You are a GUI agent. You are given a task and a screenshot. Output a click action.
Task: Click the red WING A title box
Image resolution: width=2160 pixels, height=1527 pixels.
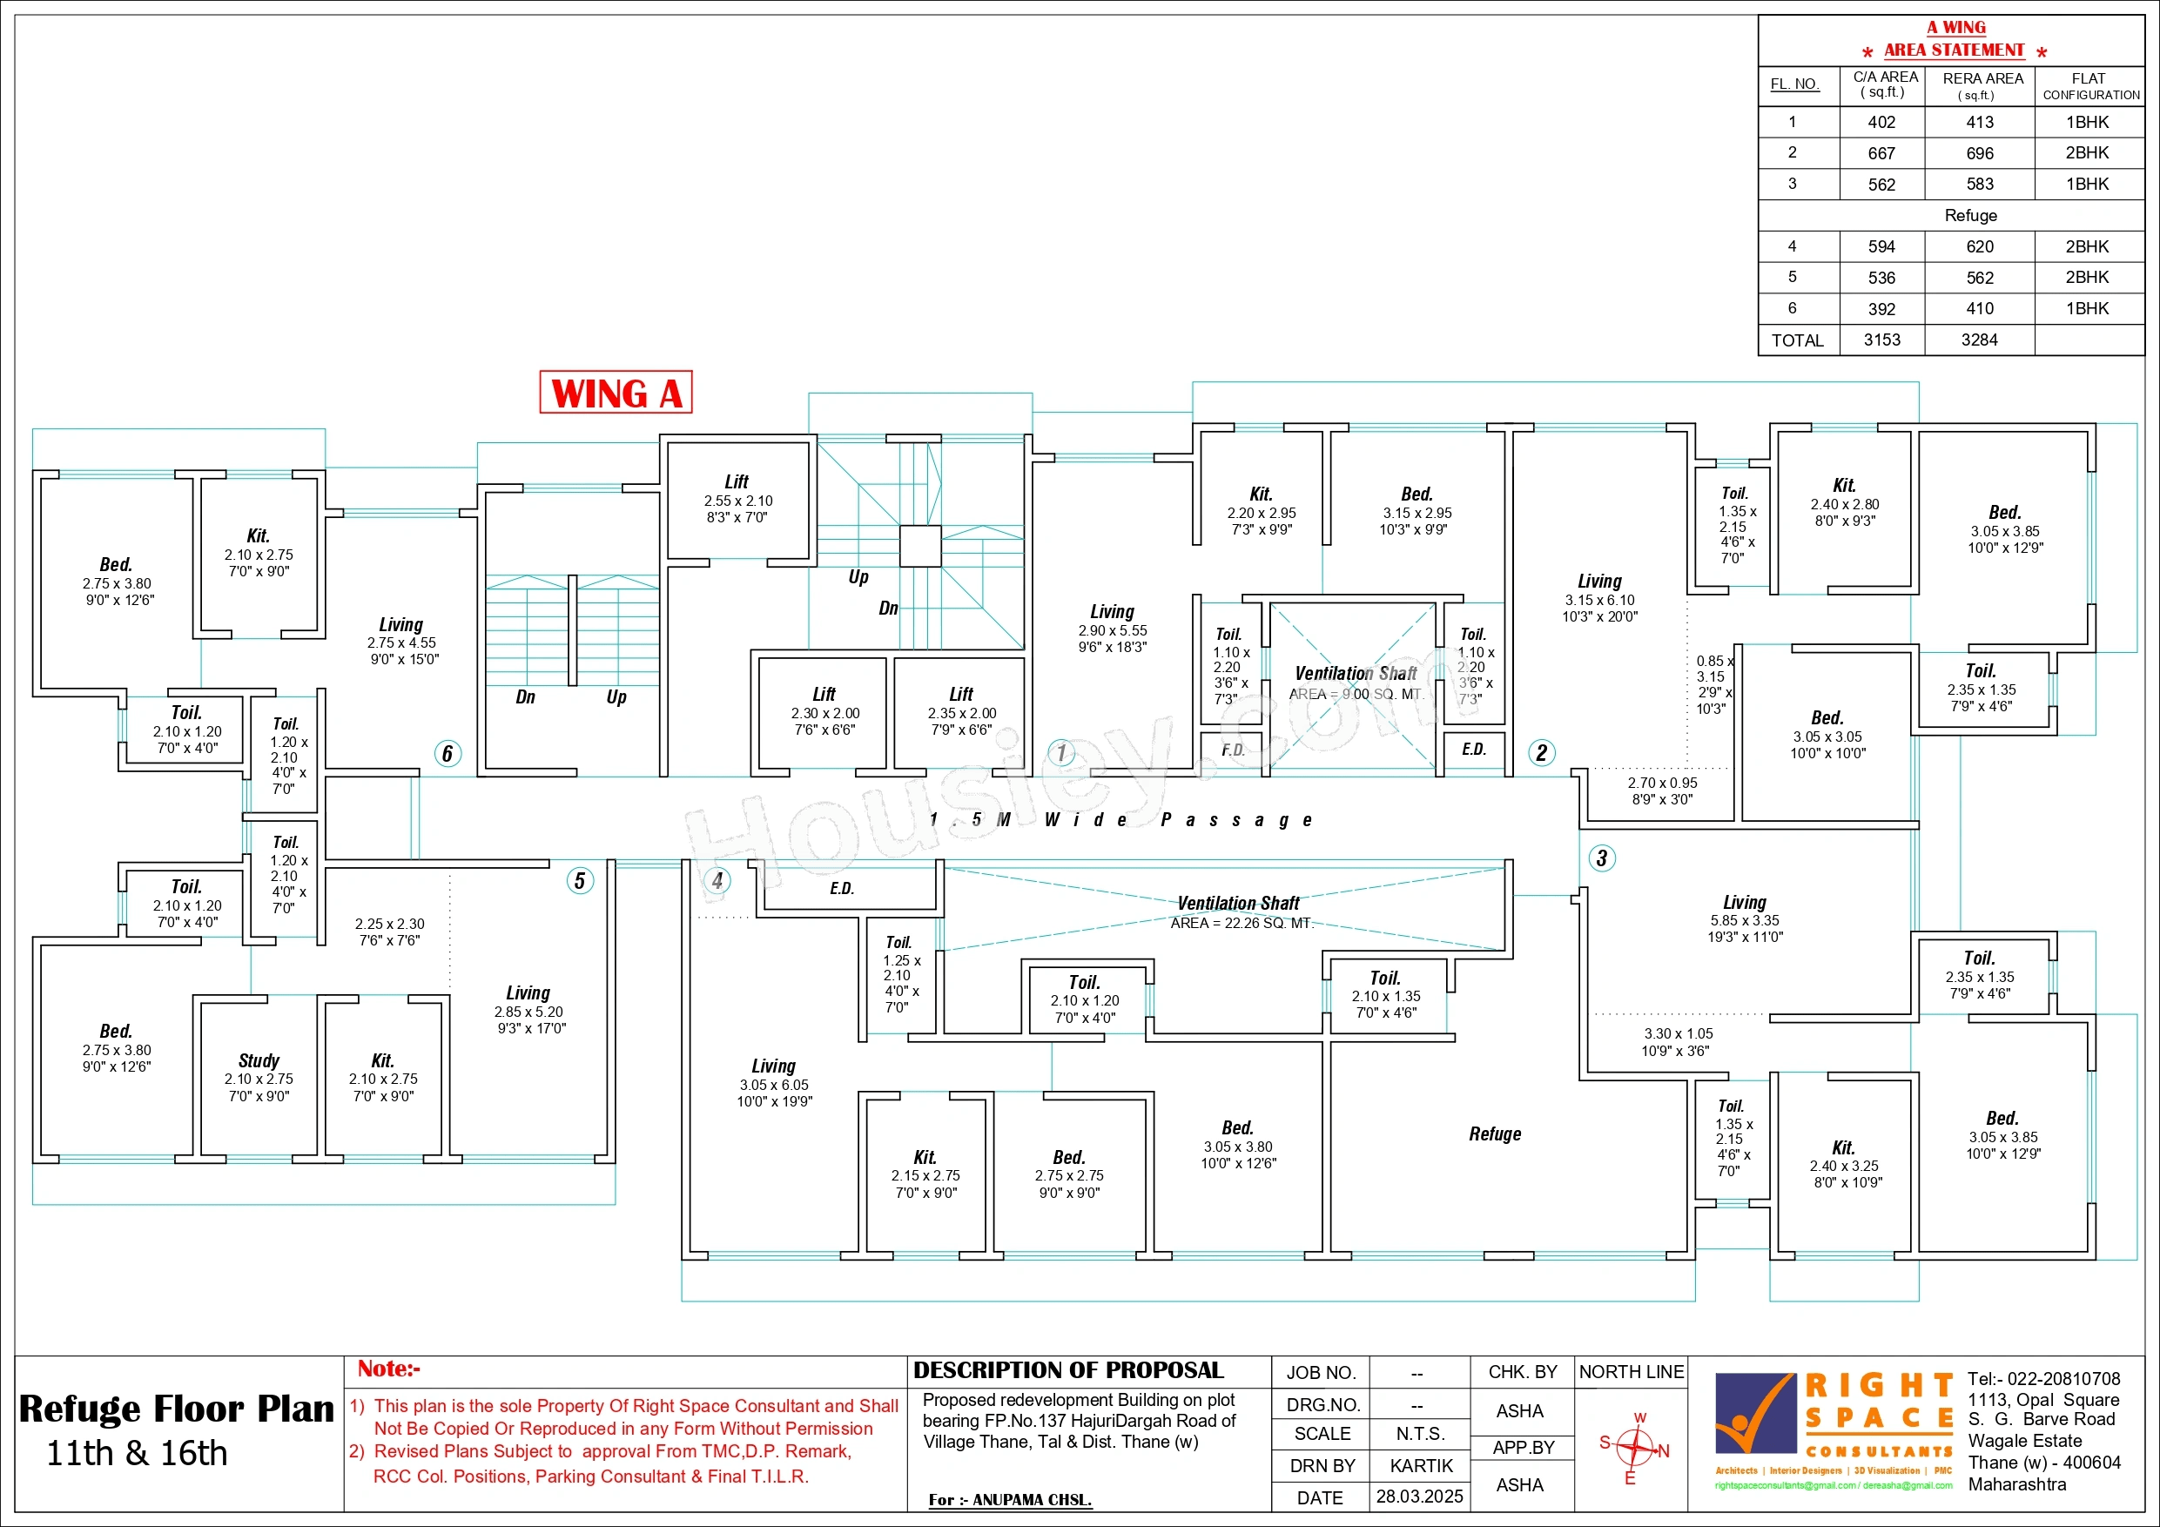pyautogui.click(x=616, y=393)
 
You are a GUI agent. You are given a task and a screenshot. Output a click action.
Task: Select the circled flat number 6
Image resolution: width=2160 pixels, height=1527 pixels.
pyautogui.click(x=447, y=754)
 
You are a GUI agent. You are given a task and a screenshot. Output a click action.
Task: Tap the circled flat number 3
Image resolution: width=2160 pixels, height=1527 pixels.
pyautogui.click(x=1602, y=858)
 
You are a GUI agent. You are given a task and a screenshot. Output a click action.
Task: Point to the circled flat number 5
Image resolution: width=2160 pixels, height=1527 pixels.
pyautogui.click(x=581, y=881)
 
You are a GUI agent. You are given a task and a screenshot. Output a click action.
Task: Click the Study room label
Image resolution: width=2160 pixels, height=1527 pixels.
pyautogui.click(x=259, y=1060)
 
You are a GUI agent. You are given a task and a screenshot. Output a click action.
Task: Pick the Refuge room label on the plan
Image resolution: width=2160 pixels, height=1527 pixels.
pyautogui.click(x=1495, y=1133)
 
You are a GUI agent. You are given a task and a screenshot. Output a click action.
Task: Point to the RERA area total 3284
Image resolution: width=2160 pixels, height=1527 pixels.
pyautogui.click(x=1980, y=340)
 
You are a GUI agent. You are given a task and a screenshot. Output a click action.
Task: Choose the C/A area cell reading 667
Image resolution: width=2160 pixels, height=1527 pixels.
pyautogui.click(x=1881, y=153)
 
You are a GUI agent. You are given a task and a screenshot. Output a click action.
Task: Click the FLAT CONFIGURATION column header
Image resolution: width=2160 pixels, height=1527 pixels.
pyautogui.click(x=2090, y=86)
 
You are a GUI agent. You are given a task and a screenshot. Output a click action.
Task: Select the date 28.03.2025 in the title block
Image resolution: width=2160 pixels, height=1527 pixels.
pyautogui.click(x=1420, y=1496)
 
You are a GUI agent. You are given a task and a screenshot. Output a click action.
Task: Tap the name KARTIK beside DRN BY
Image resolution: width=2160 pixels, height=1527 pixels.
pyautogui.click(x=1422, y=1466)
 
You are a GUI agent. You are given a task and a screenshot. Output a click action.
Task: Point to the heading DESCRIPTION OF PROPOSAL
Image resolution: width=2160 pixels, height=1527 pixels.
pyautogui.click(x=1069, y=1370)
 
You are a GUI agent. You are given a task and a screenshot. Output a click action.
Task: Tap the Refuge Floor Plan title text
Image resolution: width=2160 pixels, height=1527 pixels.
pyautogui.click(x=177, y=1409)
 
